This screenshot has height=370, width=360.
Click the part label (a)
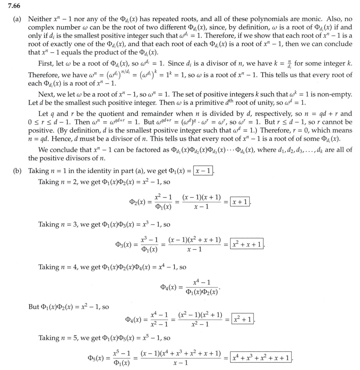18,19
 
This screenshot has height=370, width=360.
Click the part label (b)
18,172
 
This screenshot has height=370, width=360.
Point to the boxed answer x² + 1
242,318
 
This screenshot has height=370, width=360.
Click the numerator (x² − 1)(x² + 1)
200,315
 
